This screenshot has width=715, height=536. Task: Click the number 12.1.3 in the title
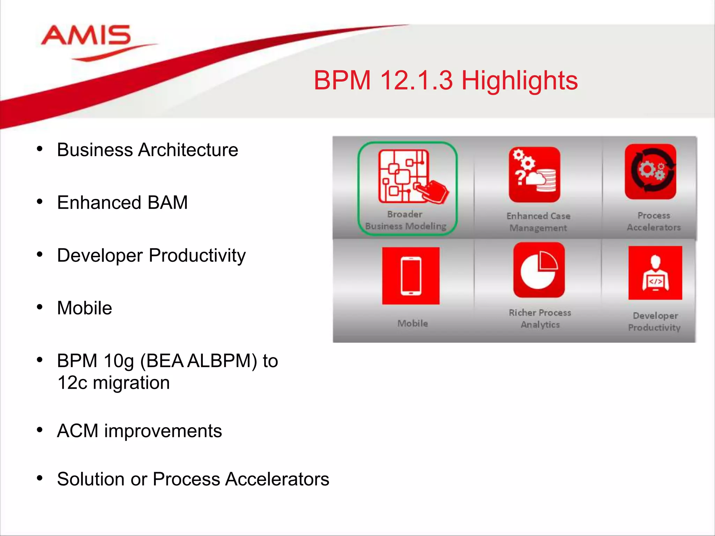[416, 81]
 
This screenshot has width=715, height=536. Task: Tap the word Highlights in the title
[519, 81]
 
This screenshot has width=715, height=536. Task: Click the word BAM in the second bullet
[168, 203]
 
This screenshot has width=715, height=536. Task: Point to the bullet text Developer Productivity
[151, 255]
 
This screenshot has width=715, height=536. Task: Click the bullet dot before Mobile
[40, 307]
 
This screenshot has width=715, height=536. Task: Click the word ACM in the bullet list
[78, 431]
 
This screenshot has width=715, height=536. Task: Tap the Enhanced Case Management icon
[534, 174]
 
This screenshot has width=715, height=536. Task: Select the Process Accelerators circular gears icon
[650, 172]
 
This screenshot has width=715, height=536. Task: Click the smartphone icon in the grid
[411, 276]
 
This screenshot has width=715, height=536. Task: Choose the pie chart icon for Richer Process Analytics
[539, 270]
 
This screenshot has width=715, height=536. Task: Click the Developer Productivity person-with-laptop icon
[655, 273]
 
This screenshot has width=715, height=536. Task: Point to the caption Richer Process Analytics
[540, 319]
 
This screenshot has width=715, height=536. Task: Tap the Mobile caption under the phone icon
[412, 323]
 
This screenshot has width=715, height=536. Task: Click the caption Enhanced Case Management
[538, 222]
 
